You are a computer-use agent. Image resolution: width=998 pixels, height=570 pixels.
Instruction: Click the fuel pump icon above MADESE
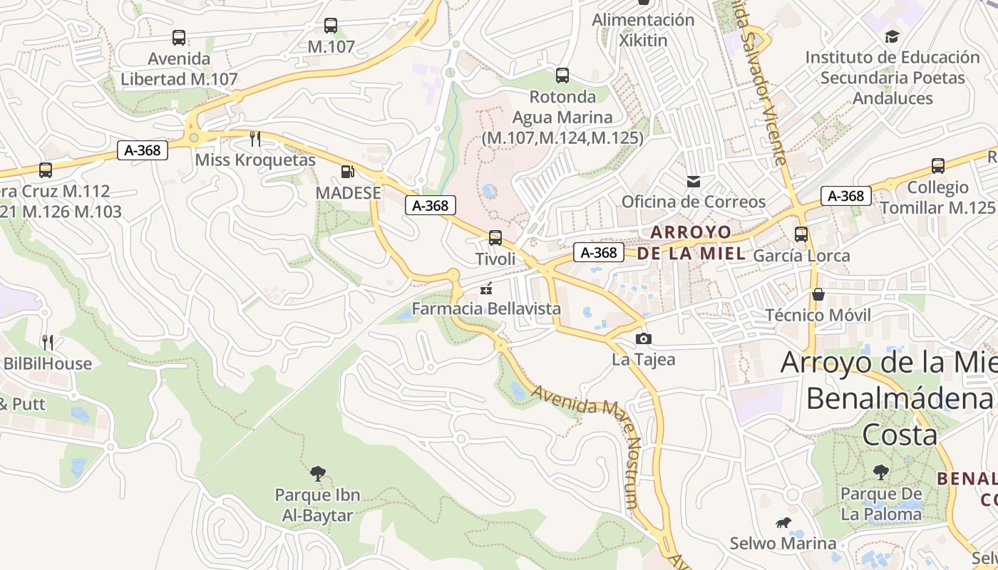(347, 172)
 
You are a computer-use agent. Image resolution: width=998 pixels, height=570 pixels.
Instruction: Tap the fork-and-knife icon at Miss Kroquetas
(255, 138)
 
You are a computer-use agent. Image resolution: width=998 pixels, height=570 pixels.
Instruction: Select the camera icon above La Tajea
(643, 338)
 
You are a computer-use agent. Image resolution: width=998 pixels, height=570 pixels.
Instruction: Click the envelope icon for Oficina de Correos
(694, 182)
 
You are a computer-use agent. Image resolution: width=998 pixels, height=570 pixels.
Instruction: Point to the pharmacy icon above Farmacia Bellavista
(487, 289)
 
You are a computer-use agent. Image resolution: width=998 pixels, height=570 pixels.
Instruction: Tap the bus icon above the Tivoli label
(495, 237)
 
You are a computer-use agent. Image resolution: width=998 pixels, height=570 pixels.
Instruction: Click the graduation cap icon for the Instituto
(892, 36)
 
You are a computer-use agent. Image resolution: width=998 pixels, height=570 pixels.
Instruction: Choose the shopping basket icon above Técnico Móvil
(818, 294)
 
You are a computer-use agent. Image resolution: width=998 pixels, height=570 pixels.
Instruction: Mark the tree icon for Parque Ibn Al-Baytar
(318, 472)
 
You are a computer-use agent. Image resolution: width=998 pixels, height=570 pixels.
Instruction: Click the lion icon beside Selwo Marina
(783, 524)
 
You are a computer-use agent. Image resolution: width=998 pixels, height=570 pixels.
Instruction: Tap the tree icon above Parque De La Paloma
(881, 472)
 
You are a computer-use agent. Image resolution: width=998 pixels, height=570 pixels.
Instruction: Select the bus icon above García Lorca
(801, 234)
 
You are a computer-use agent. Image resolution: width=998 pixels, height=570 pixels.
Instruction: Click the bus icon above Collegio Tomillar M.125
(938, 166)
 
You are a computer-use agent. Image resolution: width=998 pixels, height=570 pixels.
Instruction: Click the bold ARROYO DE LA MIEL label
(691, 242)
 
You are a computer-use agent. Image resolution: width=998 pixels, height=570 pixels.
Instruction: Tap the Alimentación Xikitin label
(643, 30)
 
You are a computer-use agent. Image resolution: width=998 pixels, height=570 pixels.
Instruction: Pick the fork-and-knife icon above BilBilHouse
(48, 343)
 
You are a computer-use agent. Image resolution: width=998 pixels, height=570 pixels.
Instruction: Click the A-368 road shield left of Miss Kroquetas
(143, 150)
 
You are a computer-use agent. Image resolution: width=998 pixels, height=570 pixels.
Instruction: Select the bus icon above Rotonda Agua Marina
(562, 75)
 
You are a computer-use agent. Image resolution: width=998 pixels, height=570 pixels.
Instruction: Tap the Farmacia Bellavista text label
(487, 309)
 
